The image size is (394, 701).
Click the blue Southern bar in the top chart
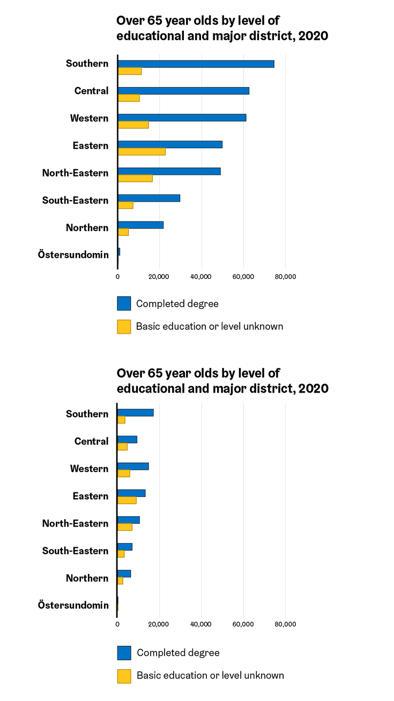[x=196, y=64]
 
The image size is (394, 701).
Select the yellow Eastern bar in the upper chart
[x=142, y=152]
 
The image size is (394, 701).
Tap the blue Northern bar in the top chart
[x=140, y=225]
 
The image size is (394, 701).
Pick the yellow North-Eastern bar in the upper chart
[x=135, y=179]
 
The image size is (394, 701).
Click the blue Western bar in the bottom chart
[x=133, y=466]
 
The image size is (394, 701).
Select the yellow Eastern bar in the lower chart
[x=127, y=500]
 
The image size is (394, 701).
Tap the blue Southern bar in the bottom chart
[x=136, y=412]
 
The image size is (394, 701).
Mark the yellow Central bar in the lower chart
[x=123, y=446]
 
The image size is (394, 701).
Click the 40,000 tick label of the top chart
[x=202, y=277]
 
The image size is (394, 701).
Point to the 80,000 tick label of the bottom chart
[x=285, y=624]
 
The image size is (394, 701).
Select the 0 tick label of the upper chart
[x=117, y=277]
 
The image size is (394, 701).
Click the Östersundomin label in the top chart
[x=73, y=254]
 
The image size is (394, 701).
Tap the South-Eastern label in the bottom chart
[x=75, y=551]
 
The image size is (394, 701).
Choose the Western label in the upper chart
[x=89, y=118]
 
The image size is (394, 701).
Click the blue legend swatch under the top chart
[x=124, y=304]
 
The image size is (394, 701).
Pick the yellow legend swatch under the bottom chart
[x=124, y=676]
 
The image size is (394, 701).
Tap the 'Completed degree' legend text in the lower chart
[x=178, y=653]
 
